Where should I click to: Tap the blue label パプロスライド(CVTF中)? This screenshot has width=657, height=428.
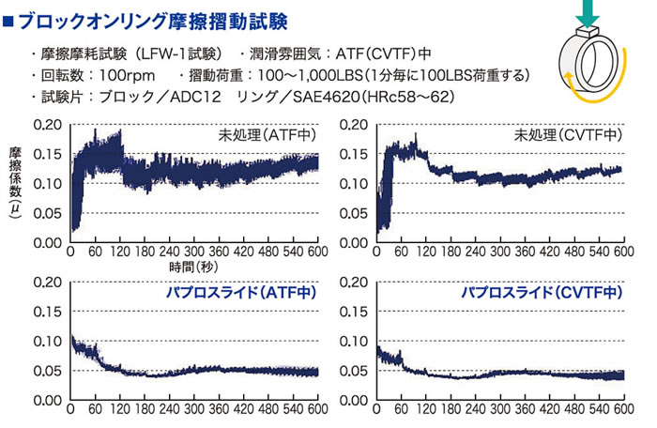(x=541, y=294)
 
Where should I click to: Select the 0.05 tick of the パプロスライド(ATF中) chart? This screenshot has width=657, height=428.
(x=48, y=372)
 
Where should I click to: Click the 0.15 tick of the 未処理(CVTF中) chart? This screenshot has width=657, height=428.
(x=354, y=154)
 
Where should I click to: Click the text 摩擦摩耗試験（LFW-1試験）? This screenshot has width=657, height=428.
(x=131, y=53)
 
